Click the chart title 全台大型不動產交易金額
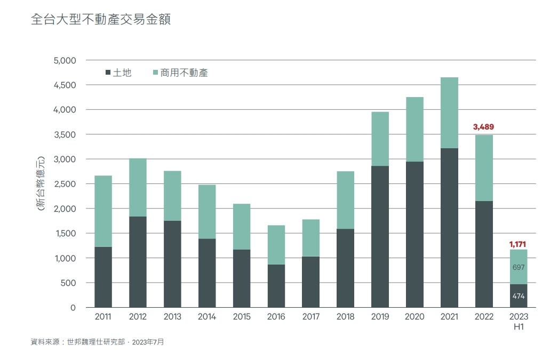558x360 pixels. pos(101,20)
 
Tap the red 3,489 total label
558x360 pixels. pos(484,127)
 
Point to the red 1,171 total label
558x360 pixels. pos(518,244)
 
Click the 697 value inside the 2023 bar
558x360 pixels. pos(519,267)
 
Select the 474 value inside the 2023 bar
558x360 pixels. pos(519,296)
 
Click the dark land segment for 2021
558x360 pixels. pos(449,228)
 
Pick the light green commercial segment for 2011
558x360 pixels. pos(103,211)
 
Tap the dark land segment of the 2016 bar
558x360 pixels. pos(276,286)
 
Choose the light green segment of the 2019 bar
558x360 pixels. pos(380,139)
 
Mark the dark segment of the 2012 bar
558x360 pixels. pos(138,262)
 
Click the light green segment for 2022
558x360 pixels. pos(484,168)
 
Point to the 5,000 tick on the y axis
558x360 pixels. pos(65,60)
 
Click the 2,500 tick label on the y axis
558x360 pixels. pos(65,184)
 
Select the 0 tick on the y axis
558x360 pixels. pos(73,308)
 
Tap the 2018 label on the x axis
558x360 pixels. pos(345,317)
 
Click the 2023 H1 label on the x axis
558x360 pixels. pos(519,322)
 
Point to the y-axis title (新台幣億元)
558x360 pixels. pos(41,184)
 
